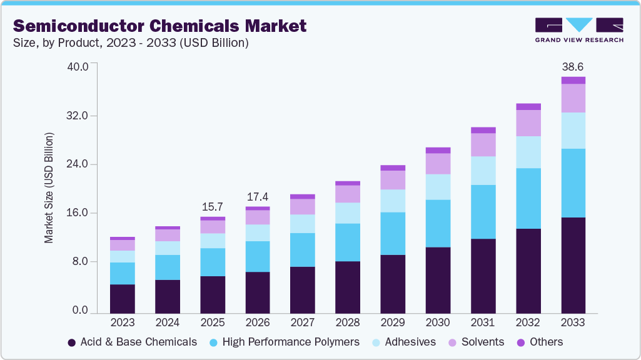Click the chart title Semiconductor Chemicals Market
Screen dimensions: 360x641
(160, 26)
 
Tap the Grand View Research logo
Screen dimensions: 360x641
(578, 29)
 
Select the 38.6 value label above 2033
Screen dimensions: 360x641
(573, 66)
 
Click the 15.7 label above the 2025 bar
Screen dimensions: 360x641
(213, 207)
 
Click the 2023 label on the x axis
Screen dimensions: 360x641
(122, 322)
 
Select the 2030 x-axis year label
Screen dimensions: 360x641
(438, 322)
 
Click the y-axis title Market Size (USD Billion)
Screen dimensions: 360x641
(49, 188)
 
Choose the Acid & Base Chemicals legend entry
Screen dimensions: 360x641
(132, 342)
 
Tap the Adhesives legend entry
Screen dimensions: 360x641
(403, 342)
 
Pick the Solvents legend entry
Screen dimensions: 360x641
(475, 342)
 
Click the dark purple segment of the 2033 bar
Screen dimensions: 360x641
(573, 265)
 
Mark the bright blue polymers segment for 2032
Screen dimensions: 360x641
(528, 198)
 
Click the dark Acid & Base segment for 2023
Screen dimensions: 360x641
(122, 298)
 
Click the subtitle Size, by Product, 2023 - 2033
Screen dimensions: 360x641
(131, 43)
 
